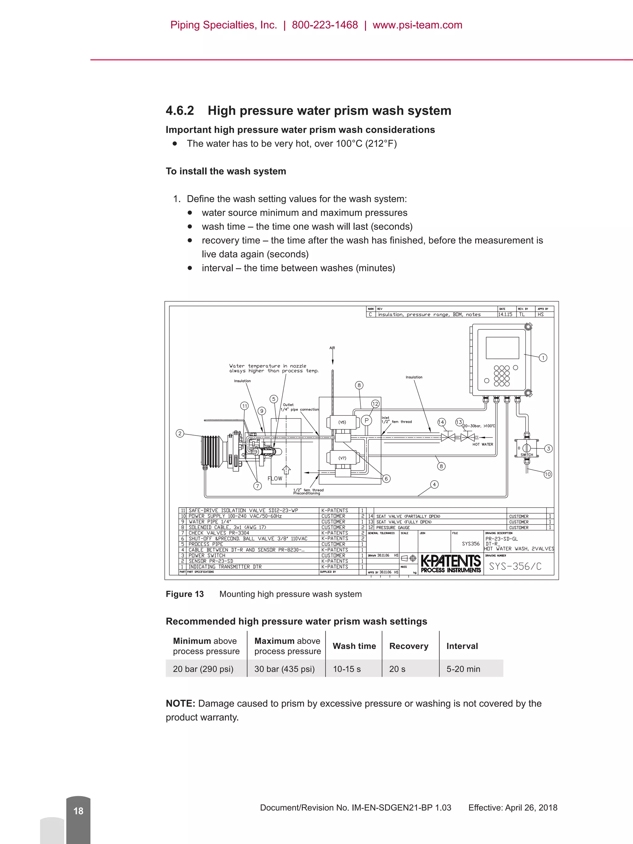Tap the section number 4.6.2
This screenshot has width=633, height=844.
(x=180, y=111)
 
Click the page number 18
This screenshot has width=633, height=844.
(x=78, y=811)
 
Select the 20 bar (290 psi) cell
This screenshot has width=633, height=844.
(x=203, y=669)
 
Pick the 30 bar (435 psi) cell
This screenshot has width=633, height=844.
(x=284, y=669)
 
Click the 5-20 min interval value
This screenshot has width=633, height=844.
(x=463, y=669)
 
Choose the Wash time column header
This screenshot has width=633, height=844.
(x=354, y=646)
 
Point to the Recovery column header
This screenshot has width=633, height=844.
(x=409, y=646)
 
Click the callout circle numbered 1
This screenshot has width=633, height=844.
(x=543, y=358)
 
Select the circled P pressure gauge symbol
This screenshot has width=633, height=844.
(x=366, y=421)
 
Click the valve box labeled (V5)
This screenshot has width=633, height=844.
(x=342, y=422)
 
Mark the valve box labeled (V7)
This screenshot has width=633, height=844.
(x=342, y=458)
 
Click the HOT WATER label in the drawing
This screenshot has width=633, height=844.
(x=483, y=444)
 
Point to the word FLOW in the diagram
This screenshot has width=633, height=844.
(x=275, y=478)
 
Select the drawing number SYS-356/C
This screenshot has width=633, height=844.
(x=515, y=566)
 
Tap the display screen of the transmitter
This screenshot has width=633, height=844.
(x=502, y=348)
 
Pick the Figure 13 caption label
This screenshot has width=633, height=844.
(x=185, y=594)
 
